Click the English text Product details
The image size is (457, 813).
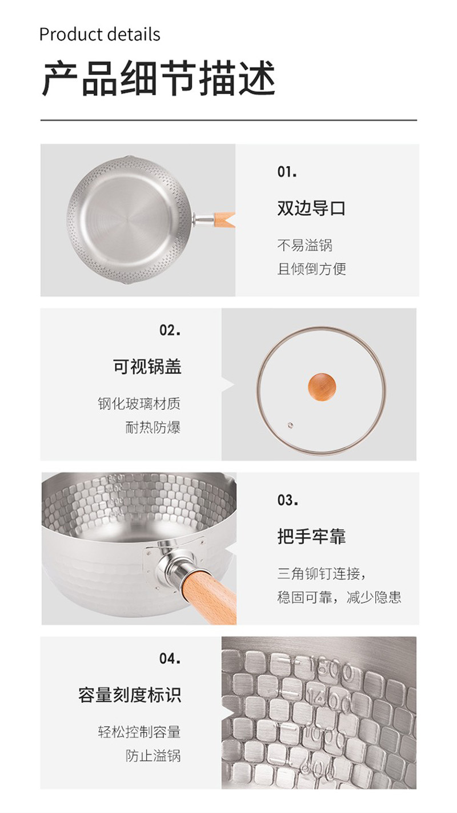click(99, 35)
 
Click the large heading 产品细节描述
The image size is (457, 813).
click(159, 78)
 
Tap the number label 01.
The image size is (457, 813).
click(287, 172)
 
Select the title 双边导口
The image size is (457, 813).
click(311, 208)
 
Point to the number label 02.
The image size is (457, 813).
click(170, 330)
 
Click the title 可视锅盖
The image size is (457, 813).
click(147, 366)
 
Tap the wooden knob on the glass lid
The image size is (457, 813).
click(322, 387)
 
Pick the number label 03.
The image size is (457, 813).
click(288, 500)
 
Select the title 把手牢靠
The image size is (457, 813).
click(311, 537)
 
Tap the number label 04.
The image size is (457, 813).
click(170, 658)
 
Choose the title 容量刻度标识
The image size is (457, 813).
click(130, 695)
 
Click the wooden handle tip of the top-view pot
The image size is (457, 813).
click(225, 220)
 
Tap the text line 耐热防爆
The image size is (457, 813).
click(153, 428)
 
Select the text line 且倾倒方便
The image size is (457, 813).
click(311, 269)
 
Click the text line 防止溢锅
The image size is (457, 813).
click(153, 756)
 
